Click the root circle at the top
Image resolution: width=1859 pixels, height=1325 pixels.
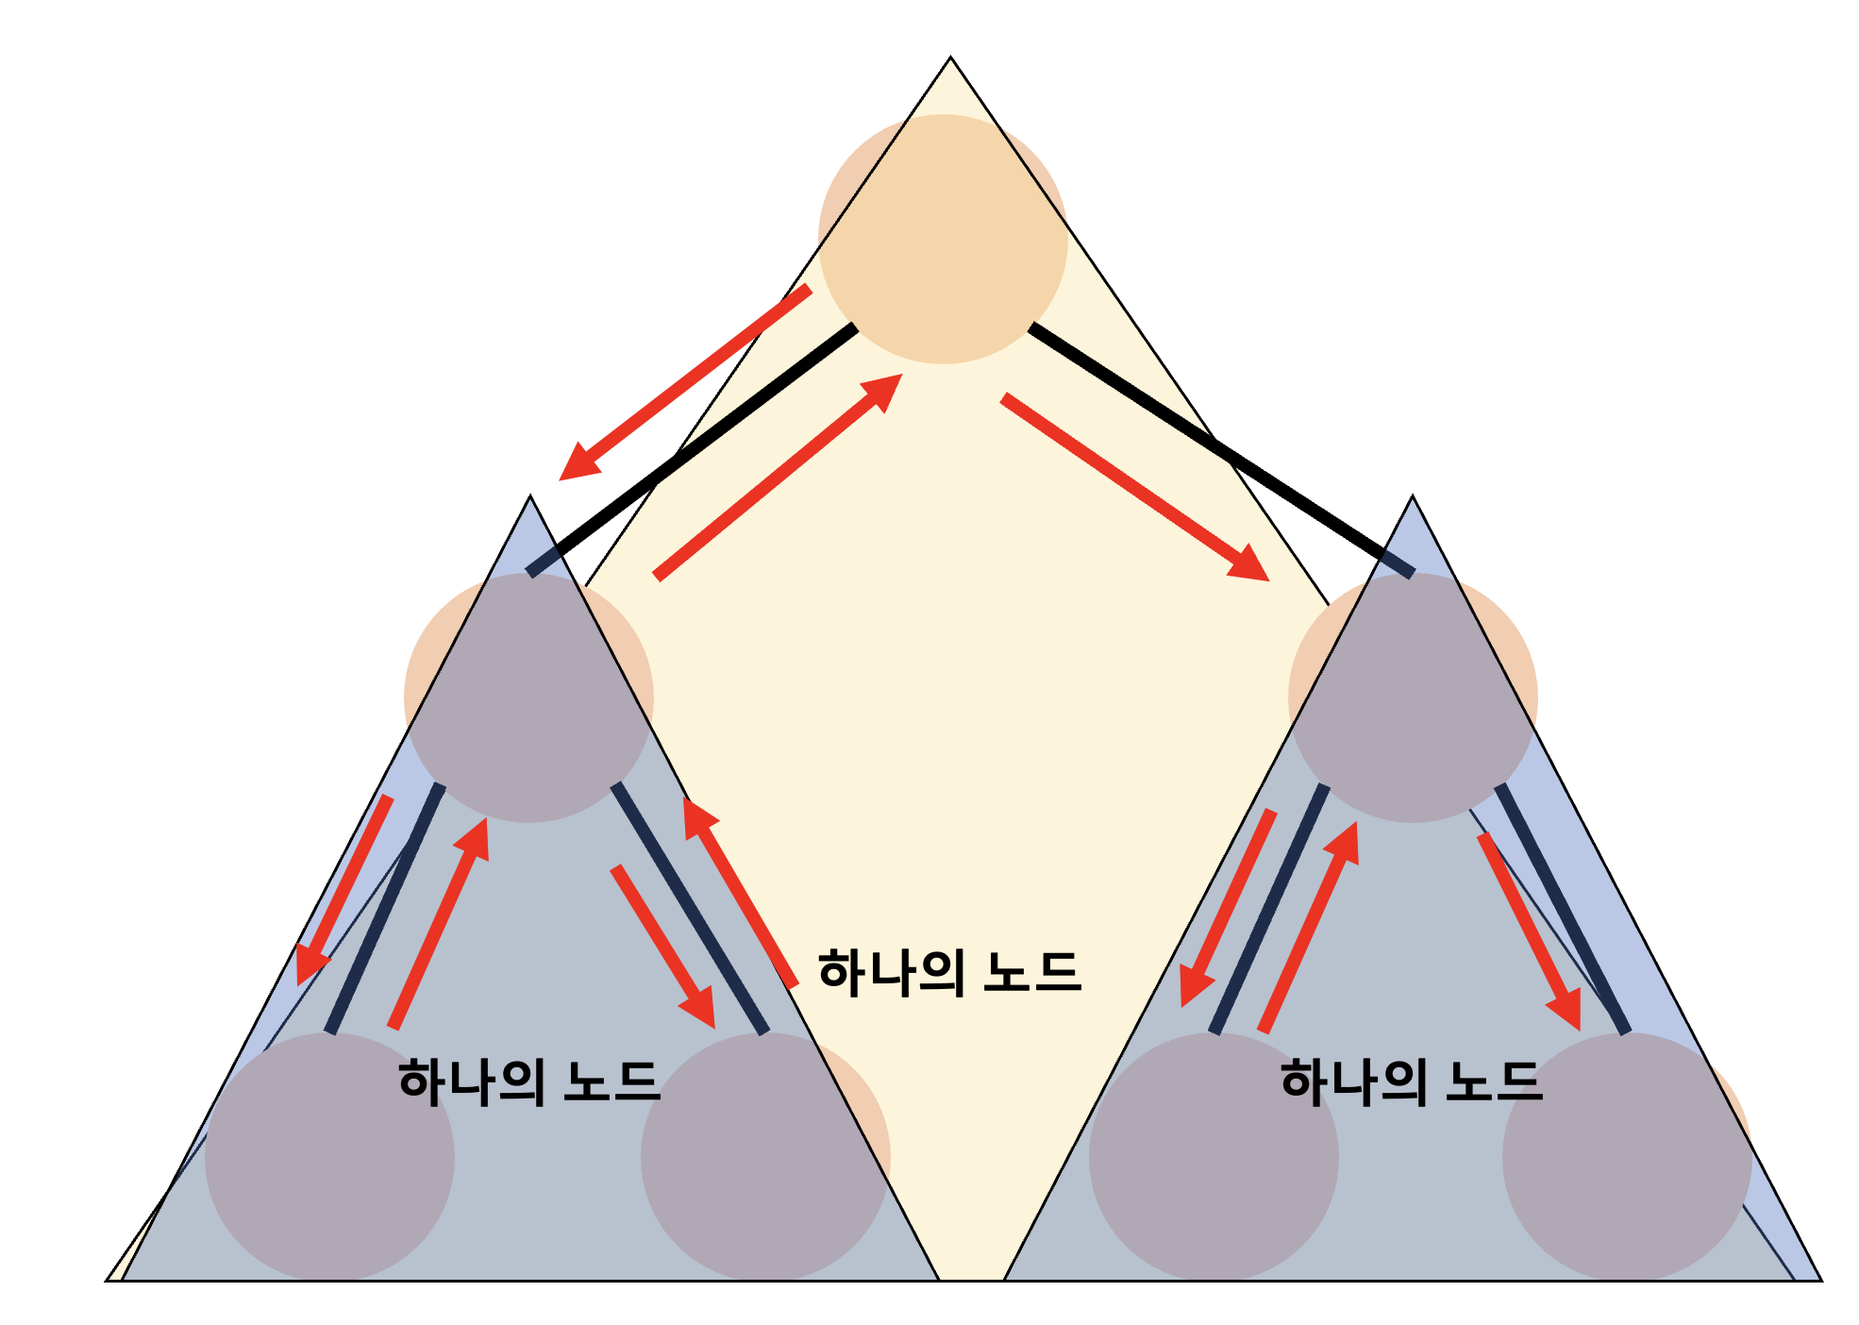tap(943, 239)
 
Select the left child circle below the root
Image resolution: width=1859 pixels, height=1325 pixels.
tap(528, 697)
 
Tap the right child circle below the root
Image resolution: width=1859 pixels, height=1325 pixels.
tap(1413, 697)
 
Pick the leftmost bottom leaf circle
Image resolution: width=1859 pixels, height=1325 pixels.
tap(329, 1157)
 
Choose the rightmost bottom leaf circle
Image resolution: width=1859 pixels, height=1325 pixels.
tap(1627, 1157)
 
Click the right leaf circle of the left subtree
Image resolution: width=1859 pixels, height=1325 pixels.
tap(765, 1157)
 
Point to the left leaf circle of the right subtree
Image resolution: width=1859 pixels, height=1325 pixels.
tap(1214, 1157)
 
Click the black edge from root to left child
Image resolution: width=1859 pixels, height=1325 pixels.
tap(692, 449)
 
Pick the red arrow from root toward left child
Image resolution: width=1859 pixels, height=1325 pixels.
tap(685, 382)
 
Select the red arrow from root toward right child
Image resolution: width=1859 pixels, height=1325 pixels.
tap(1135, 488)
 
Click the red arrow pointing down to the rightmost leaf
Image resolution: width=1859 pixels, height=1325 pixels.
tap(1529, 931)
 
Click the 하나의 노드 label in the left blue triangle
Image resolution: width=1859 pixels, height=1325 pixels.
tap(528, 1082)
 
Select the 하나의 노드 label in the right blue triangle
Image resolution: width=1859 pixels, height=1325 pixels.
tap(1412, 1082)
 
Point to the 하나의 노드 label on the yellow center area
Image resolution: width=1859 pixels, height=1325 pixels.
tap(949, 973)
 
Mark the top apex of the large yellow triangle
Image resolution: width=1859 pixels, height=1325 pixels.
tap(950, 58)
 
